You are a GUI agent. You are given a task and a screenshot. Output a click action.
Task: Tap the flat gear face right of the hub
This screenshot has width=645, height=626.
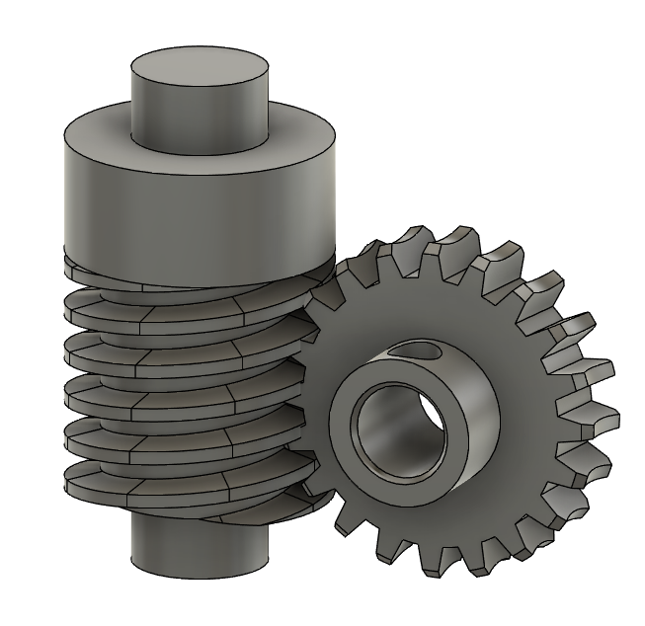(528, 415)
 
